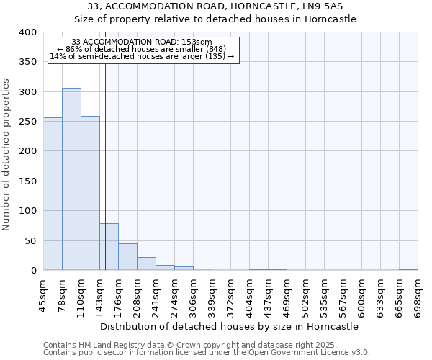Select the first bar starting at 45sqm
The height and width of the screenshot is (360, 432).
tap(53, 194)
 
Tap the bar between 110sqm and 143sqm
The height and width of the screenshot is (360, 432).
tap(90, 193)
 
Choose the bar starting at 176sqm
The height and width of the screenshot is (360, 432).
tap(127, 257)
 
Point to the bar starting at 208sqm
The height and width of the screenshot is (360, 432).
tap(146, 264)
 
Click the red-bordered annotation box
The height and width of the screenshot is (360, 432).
tap(142, 50)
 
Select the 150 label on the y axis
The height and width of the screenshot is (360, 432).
tap(27, 181)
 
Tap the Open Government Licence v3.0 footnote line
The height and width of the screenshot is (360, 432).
tap(207, 353)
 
